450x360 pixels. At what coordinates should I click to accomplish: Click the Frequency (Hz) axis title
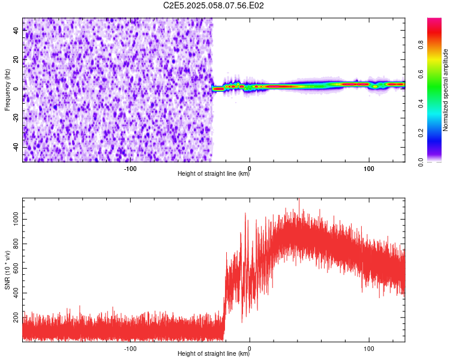coord(8,90)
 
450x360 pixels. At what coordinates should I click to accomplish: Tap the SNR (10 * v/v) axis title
coord(8,270)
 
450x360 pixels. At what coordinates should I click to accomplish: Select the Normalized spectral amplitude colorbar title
coord(446,91)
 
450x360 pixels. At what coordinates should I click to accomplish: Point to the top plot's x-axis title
coord(214,174)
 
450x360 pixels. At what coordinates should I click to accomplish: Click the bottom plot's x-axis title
coord(214,354)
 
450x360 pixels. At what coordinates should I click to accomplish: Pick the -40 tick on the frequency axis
coord(16,147)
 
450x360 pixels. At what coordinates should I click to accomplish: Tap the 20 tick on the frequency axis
coord(16,59)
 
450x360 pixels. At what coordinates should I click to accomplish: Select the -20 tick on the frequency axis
coord(16,118)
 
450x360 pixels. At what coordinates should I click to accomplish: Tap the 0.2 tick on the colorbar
coord(421,133)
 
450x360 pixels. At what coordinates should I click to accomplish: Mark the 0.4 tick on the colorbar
coord(421,103)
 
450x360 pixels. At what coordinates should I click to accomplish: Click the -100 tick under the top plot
coord(130,168)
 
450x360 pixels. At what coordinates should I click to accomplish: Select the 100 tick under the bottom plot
coord(368,348)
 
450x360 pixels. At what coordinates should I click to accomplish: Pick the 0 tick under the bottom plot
coord(250,348)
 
